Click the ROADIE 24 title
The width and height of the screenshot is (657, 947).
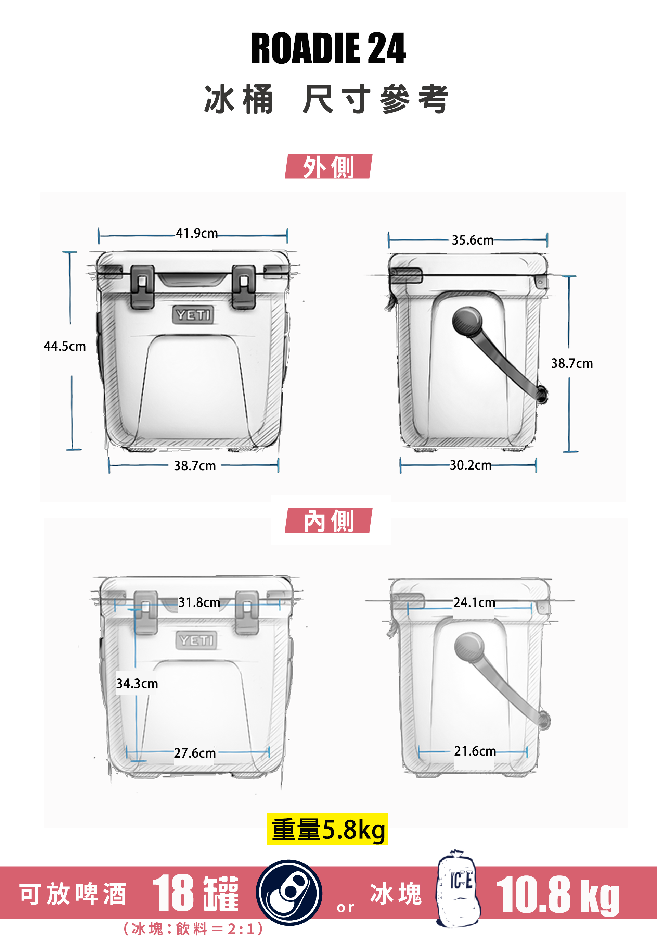(328, 48)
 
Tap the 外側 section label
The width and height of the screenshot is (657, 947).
(328, 166)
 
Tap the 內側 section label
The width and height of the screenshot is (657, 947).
(328, 520)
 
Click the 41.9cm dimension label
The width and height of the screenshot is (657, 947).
(197, 234)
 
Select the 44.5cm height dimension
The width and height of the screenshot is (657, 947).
(65, 346)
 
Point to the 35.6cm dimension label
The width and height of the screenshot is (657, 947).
(473, 240)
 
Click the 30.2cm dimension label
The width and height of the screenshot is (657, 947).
(471, 465)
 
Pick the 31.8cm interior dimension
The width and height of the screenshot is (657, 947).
(199, 603)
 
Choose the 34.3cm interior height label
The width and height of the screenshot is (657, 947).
(137, 684)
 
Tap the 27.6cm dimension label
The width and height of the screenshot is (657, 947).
(195, 753)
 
